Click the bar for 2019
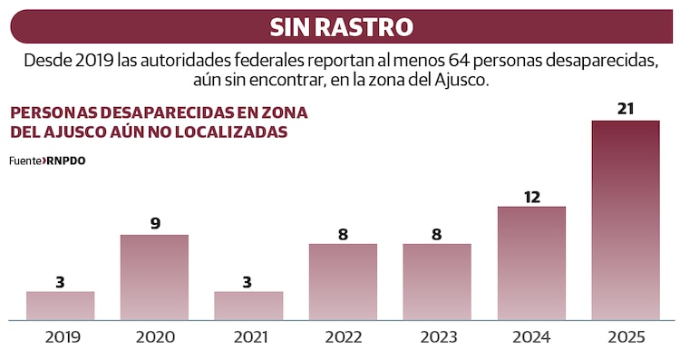click(60, 306)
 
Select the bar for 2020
click(154, 277)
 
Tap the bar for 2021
click(248, 306)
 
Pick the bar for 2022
click(343, 282)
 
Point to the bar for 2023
click(437, 282)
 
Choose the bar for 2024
click(531, 263)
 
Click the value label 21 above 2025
click(626, 109)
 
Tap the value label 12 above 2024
click(531, 195)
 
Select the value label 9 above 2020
click(155, 223)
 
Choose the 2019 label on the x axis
click(60, 337)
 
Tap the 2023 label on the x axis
click(437, 337)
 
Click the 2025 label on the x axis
click(626, 337)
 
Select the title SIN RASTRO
click(340, 27)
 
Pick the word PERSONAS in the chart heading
click(52, 112)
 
